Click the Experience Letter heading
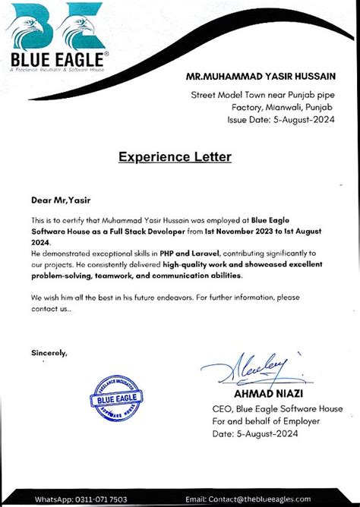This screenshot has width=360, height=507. [175, 157]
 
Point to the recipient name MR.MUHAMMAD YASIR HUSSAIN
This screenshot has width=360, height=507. [261, 77]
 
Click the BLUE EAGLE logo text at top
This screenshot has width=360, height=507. [59, 59]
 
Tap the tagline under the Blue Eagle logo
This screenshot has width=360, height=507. [57, 70]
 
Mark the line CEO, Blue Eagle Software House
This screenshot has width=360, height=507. [276, 408]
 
